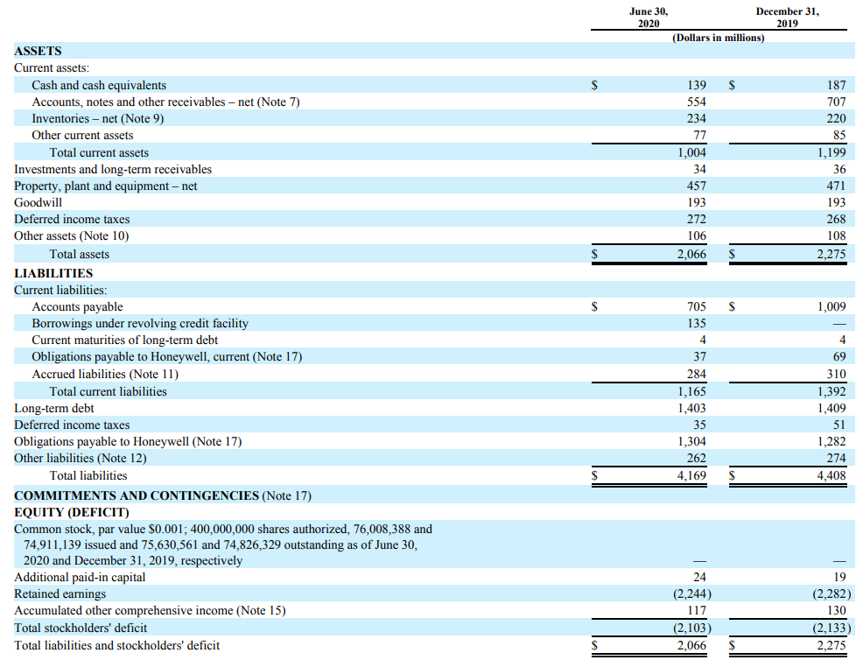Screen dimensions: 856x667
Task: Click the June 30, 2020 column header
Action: pyautogui.click(x=649, y=18)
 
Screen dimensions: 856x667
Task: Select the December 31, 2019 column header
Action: pyautogui.click(x=787, y=18)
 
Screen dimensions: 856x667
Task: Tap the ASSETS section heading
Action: pyautogui.click(x=38, y=52)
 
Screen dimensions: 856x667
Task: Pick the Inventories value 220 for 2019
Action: pyautogui.click(x=836, y=118)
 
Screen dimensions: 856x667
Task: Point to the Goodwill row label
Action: pyautogui.click(x=39, y=202)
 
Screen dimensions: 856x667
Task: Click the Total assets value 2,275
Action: pyautogui.click(x=831, y=255)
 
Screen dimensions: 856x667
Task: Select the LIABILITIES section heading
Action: pyautogui.click(x=53, y=273)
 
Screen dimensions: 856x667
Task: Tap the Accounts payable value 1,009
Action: pyautogui.click(x=831, y=306)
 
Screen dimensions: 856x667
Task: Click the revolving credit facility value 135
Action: pyautogui.click(x=696, y=323)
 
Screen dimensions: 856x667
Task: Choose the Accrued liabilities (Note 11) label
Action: pyautogui.click(x=105, y=374)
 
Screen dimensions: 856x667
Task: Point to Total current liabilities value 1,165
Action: pyautogui.click(x=691, y=391)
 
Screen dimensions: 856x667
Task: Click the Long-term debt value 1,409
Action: pyautogui.click(x=831, y=408)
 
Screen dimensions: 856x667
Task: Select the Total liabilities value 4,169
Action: pyautogui.click(x=691, y=475)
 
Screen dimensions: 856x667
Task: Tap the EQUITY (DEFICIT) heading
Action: pyautogui.click(x=72, y=513)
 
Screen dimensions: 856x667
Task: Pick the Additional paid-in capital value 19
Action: pyautogui.click(x=839, y=577)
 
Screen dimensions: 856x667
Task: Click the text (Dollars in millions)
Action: pyautogui.click(x=719, y=38)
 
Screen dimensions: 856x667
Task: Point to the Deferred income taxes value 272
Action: pyautogui.click(x=696, y=219)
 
